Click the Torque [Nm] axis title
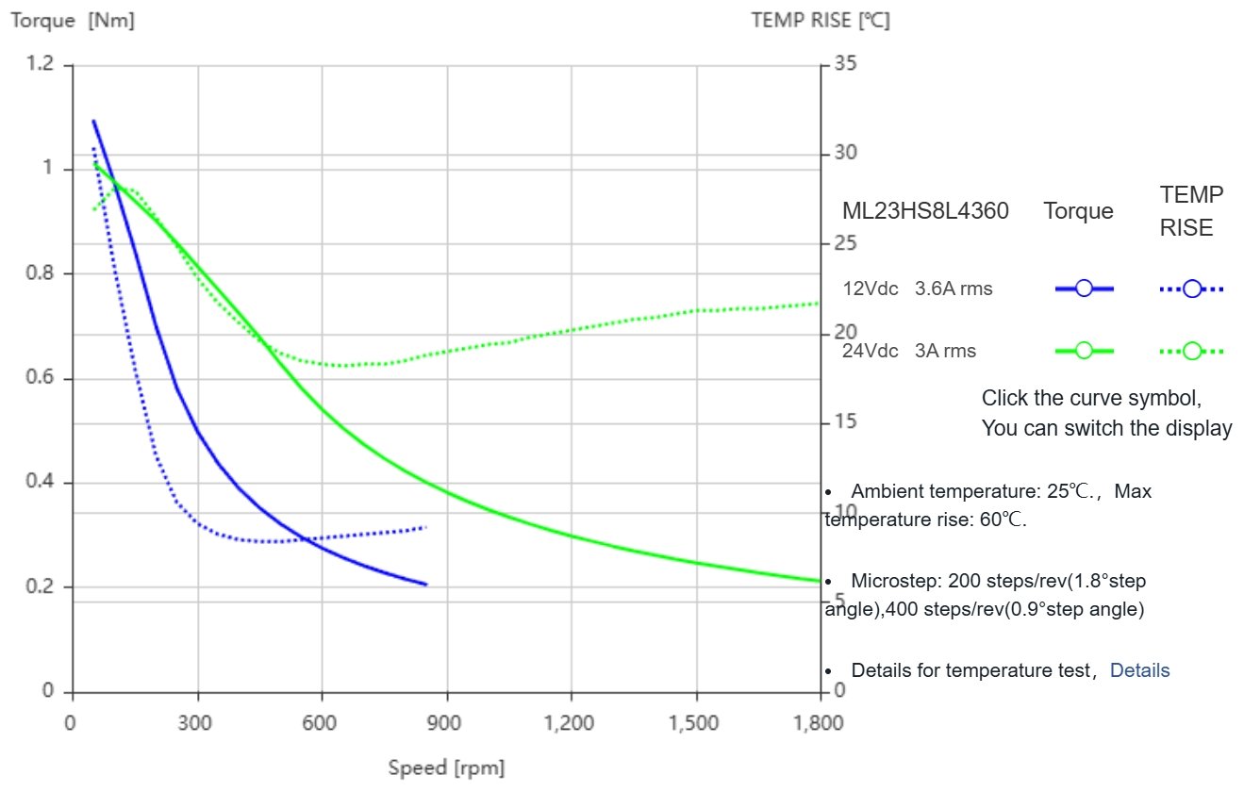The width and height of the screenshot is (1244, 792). coord(73,21)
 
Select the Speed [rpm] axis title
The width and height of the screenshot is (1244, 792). coord(446,768)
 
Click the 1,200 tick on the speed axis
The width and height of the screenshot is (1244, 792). coord(570,723)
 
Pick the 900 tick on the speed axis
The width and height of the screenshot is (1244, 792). coord(446,723)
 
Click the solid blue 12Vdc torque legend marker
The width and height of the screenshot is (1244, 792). coord(1084,289)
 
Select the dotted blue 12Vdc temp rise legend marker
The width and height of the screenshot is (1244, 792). coord(1192,289)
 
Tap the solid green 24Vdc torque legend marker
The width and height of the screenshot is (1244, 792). coord(1084,351)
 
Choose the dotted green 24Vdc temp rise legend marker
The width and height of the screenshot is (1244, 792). coord(1192,351)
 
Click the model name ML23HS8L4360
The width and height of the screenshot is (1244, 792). coord(925,211)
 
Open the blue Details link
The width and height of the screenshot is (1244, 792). coord(1139,670)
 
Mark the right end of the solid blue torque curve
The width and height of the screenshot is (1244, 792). coord(426,585)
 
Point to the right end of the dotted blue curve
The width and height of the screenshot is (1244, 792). coord(426,527)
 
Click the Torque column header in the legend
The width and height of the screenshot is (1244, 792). coord(1078,211)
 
